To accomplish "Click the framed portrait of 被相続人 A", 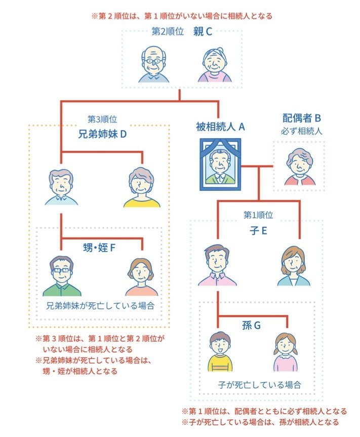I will click(x=220, y=165).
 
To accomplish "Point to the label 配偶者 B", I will click(x=302, y=118).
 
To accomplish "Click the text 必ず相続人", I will click(x=302, y=131).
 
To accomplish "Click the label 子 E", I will click(x=258, y=230).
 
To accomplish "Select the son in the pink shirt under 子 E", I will click(x=217, y=265).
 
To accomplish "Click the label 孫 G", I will click(x=251, y=325).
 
